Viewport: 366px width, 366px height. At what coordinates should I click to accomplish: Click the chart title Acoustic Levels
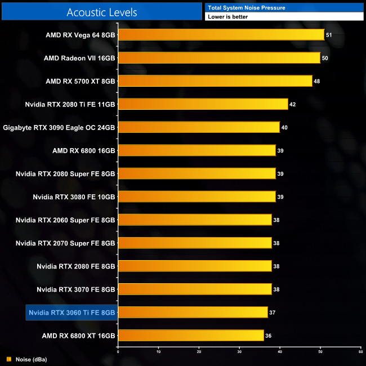point(102,12)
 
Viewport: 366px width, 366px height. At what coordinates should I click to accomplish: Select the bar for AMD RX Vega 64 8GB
point(221,35)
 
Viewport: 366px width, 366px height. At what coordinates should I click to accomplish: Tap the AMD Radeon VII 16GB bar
point(219,58)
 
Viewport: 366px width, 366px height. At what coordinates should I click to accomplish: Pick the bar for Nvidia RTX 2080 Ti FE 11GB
point(203,104)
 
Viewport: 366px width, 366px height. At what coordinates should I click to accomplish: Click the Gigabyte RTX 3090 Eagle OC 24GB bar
point(199,127)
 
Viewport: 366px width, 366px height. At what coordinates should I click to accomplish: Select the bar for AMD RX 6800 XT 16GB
point(191,336)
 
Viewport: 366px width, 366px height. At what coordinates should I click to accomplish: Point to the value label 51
point(329,35)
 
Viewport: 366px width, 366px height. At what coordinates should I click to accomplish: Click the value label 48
point(316,81)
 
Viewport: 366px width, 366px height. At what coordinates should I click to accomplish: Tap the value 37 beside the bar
point(272,313)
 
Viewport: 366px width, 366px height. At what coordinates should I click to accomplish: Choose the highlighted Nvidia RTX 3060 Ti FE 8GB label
point(72,313)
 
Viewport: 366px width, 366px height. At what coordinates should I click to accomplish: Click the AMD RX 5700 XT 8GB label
point(81,81)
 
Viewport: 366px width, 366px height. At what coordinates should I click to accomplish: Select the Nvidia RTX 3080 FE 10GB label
point(74,197)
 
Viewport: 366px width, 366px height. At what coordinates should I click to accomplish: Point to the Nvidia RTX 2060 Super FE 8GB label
point(65,220)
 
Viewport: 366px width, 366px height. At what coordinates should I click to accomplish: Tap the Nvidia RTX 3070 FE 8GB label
point(76,289)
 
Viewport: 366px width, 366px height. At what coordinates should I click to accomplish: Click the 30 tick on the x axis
point(239,352)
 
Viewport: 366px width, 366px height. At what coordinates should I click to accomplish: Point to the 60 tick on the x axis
point(360,352)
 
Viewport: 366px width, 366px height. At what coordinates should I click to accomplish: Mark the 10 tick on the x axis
point(158,352)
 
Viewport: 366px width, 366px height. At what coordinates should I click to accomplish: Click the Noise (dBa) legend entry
point(30,359)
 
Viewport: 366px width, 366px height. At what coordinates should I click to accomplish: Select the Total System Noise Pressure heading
point(247,7)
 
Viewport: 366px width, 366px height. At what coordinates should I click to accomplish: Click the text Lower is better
point(227,17)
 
